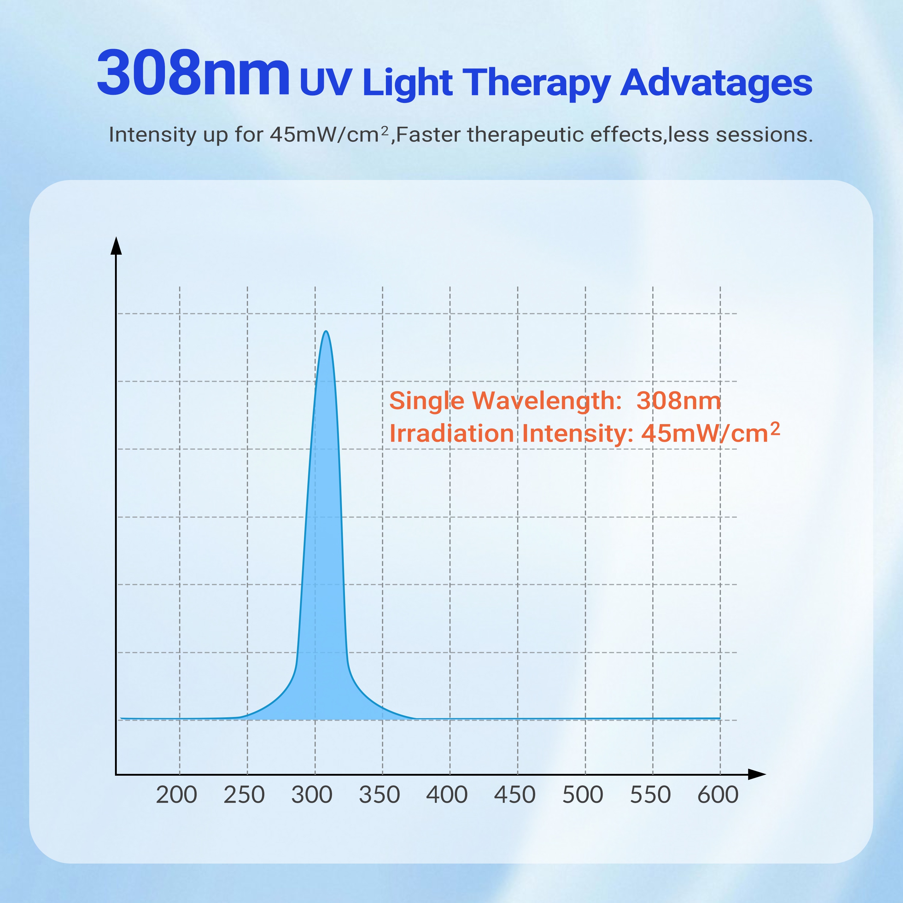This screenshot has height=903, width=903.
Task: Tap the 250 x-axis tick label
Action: [244, 795]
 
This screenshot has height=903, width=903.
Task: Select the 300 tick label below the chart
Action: [312, 795]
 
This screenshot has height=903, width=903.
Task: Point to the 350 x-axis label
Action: [379, 795]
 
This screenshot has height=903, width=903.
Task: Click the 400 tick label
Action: [447, 795]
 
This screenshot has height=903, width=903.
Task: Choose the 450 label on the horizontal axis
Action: [515, 795]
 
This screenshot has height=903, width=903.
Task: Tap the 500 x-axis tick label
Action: [582, 795]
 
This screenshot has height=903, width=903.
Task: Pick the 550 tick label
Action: [650, 795]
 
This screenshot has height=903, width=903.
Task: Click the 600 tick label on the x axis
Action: [718, 795]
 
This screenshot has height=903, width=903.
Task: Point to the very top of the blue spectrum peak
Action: [326, 331]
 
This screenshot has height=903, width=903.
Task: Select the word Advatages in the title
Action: [716, 83]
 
